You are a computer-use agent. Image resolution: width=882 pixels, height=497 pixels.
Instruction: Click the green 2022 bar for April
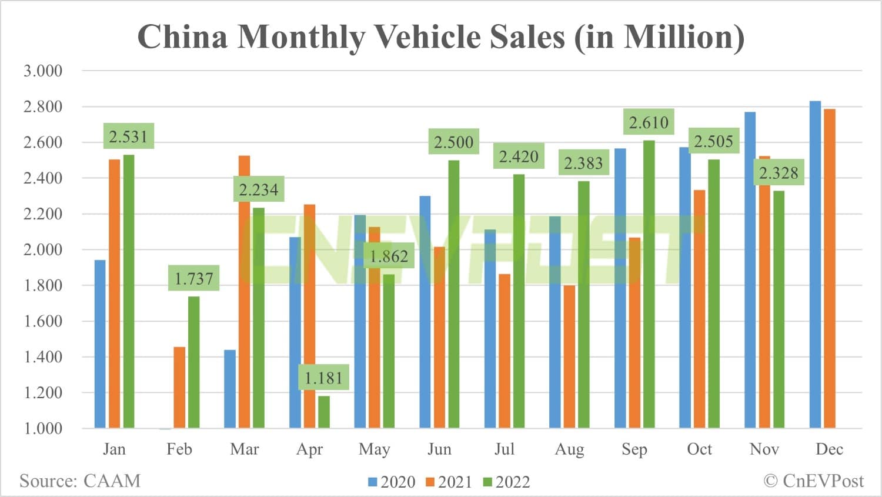point(323,412)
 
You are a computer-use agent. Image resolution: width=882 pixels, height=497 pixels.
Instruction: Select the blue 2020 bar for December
point(815,265)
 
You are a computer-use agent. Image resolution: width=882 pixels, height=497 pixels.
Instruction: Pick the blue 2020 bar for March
point(230,389)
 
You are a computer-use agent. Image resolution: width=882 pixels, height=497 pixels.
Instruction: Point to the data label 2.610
point(649,122)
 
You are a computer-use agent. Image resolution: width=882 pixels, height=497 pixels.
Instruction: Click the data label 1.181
point(323,378)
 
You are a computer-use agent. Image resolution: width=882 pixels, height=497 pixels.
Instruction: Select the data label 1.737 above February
point(194,278)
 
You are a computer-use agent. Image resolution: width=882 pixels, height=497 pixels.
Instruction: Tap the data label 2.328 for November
point(779,173)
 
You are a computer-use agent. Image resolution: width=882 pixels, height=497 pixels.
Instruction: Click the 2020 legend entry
point(392,482)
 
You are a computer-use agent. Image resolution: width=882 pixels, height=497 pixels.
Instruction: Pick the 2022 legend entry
point(506,482)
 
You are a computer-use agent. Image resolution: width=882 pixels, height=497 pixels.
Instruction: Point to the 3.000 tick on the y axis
point(42,71)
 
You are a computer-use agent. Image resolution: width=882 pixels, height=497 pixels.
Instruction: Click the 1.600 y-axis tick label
point(42,321)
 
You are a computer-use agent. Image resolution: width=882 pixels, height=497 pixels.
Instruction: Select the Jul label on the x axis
point(505,449)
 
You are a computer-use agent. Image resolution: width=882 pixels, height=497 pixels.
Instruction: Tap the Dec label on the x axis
point(829,449)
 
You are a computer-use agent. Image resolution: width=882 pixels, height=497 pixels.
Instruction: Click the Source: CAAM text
point(80,481)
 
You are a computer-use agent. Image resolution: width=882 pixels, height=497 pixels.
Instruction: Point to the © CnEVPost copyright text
point(814,481)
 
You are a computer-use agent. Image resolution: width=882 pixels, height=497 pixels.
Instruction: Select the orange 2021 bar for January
point(114,293)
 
